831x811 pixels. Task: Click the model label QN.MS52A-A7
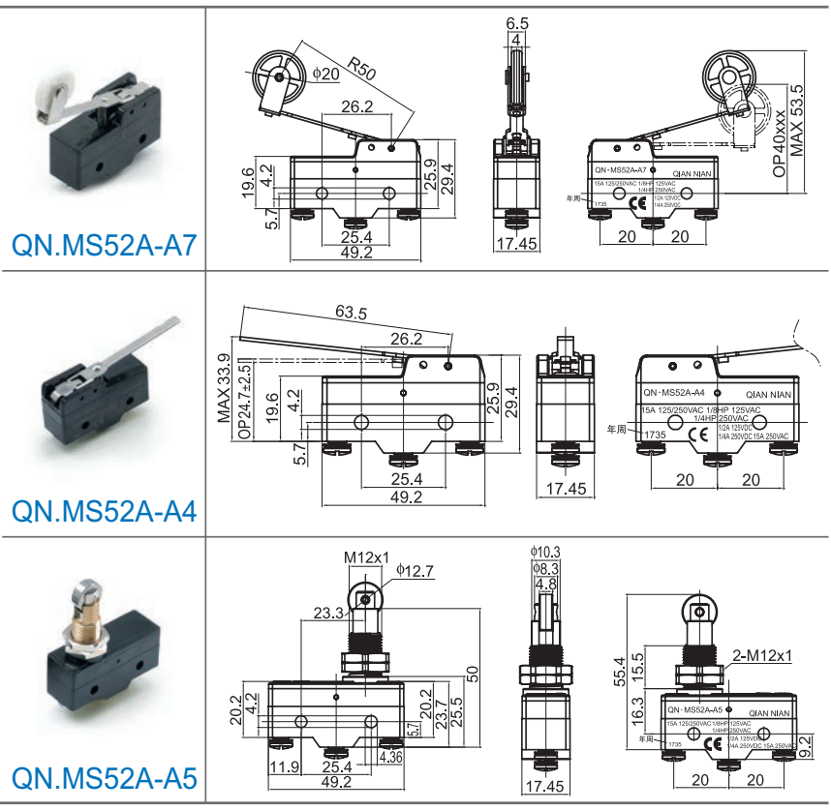point(105,247)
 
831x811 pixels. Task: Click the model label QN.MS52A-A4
point(105,510)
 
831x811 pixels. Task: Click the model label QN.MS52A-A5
point(105,777)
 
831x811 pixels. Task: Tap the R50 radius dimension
point(361,69)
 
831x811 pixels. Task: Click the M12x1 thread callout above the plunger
point(366,557)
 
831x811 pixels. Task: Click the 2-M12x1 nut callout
point(762,655)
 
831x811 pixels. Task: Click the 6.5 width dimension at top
point(516,22)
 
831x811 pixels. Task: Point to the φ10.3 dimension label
point(546,553)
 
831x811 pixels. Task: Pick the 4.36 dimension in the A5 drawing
point(391,757)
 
